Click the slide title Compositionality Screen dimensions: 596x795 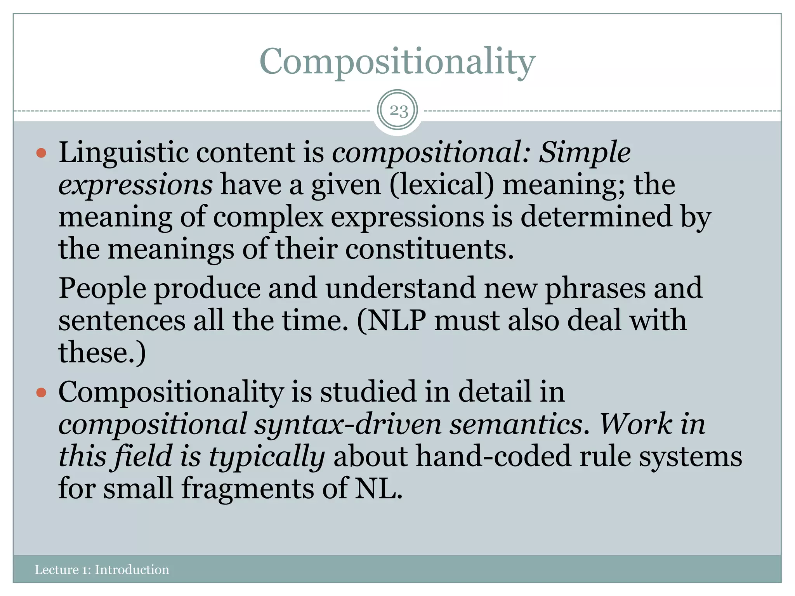[x=397, y=62]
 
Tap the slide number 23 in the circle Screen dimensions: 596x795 [x=399, y=111]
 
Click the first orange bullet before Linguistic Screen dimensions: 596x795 [x=41, y=152]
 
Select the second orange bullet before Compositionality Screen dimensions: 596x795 [x=41, y=393]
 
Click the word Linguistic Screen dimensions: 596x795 [x=123, y=153]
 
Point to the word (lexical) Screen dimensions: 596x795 [x=442, y=185]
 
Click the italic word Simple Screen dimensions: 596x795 [x=585, y=153]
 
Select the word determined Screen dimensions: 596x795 [x=596, y=217]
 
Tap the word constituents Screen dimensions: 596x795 [x=429, y=249]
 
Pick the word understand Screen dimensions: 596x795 [x=400, y=288]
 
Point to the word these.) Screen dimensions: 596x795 [x=102, y=353]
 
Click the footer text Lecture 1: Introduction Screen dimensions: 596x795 [x=102, y=570]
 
